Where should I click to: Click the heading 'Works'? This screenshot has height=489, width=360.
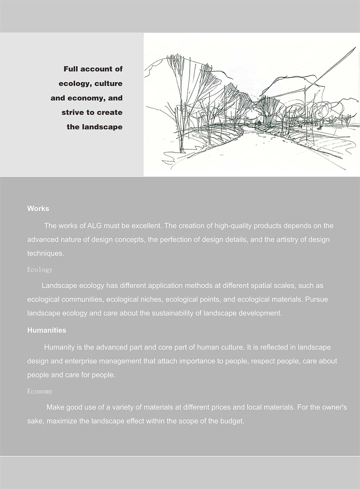click(x=38, y=209)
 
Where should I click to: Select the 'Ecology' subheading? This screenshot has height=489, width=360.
click(x=40, y=270)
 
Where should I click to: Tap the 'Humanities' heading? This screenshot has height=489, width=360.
click(x=47, y=330)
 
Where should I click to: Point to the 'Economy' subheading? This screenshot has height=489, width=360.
click(x=40, y=391)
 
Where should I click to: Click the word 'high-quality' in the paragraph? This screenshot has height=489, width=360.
click(x=233, y=226)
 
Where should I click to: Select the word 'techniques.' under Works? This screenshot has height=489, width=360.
click(x=46, y=253)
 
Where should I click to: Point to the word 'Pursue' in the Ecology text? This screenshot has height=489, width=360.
click(x=316, y=299)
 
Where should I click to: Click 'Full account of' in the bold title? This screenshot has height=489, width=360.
click(x=93, y=69)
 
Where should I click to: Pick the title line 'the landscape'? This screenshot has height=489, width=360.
click(x=94, y=127)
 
